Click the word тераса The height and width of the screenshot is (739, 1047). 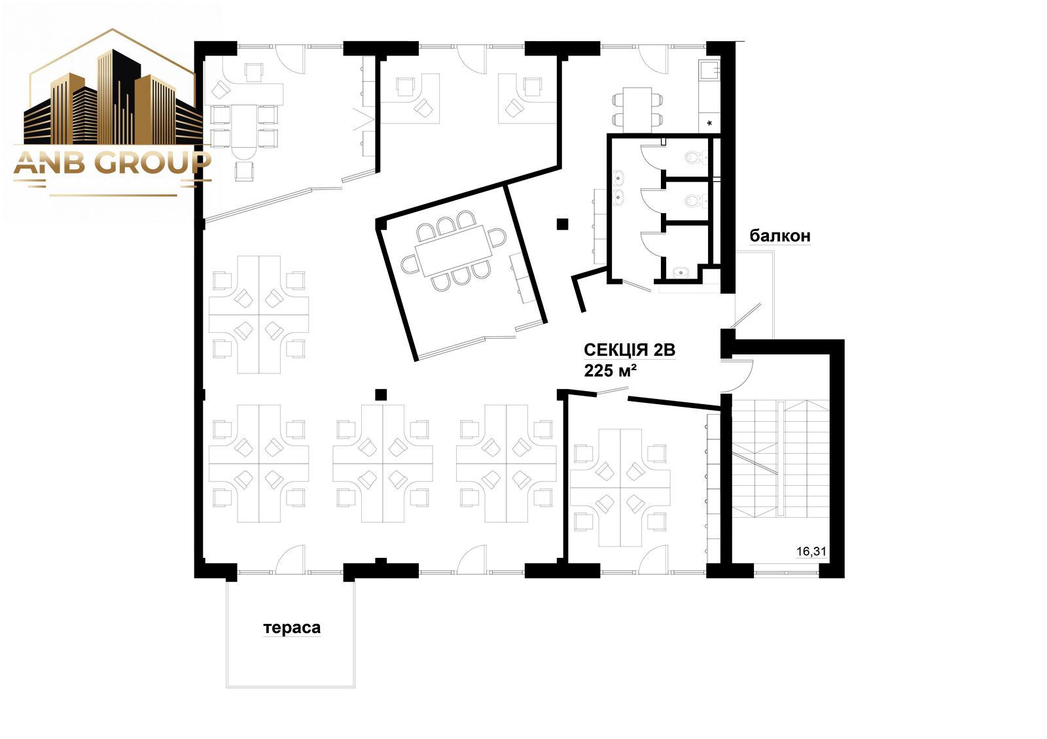coord(292,628)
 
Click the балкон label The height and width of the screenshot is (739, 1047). coord(779,236)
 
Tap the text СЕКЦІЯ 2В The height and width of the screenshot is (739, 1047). coord(630,349)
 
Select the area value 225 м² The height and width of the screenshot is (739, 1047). coord(610,370)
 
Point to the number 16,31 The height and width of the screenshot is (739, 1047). coord(811,551)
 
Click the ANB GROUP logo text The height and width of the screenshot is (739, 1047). coord(112,163)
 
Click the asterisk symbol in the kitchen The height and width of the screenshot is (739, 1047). coord(709,124)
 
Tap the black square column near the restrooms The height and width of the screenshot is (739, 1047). coord(562,224)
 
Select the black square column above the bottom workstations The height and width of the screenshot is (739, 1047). coord(381,395)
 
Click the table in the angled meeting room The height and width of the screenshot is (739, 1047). coord(454,251)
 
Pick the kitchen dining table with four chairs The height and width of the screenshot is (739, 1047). coord(637,109)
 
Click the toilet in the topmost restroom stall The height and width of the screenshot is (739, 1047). coord(696,157)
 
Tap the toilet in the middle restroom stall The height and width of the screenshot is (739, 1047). coord(696,201)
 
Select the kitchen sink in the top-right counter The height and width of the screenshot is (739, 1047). coord(709,69)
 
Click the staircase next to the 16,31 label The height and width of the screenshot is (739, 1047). coord(781,458)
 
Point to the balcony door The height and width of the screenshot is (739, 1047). coord(746,315)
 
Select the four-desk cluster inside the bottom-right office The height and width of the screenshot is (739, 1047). coord(620,488)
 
